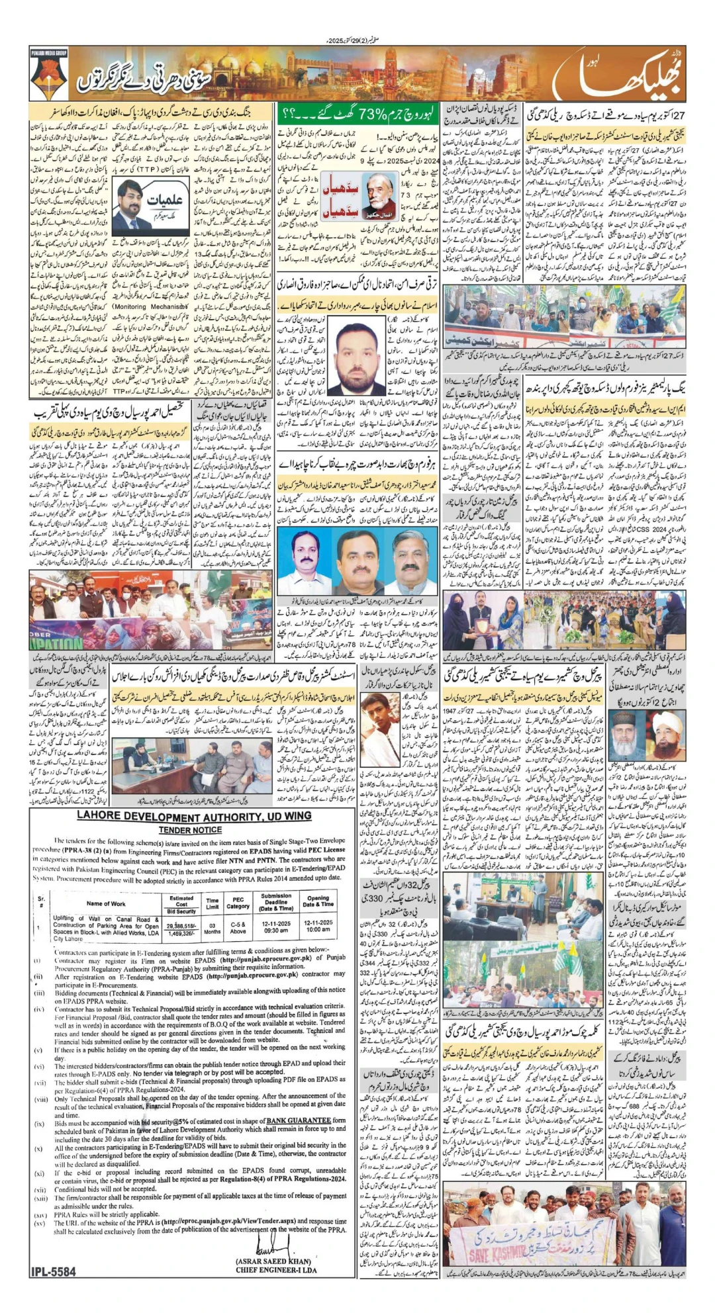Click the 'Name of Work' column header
pos(105,903)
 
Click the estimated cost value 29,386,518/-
pos(181,925)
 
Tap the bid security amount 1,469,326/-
pos(181,932)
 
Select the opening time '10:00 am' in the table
pos(318,929)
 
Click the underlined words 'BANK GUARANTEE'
pos(298,1120)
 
